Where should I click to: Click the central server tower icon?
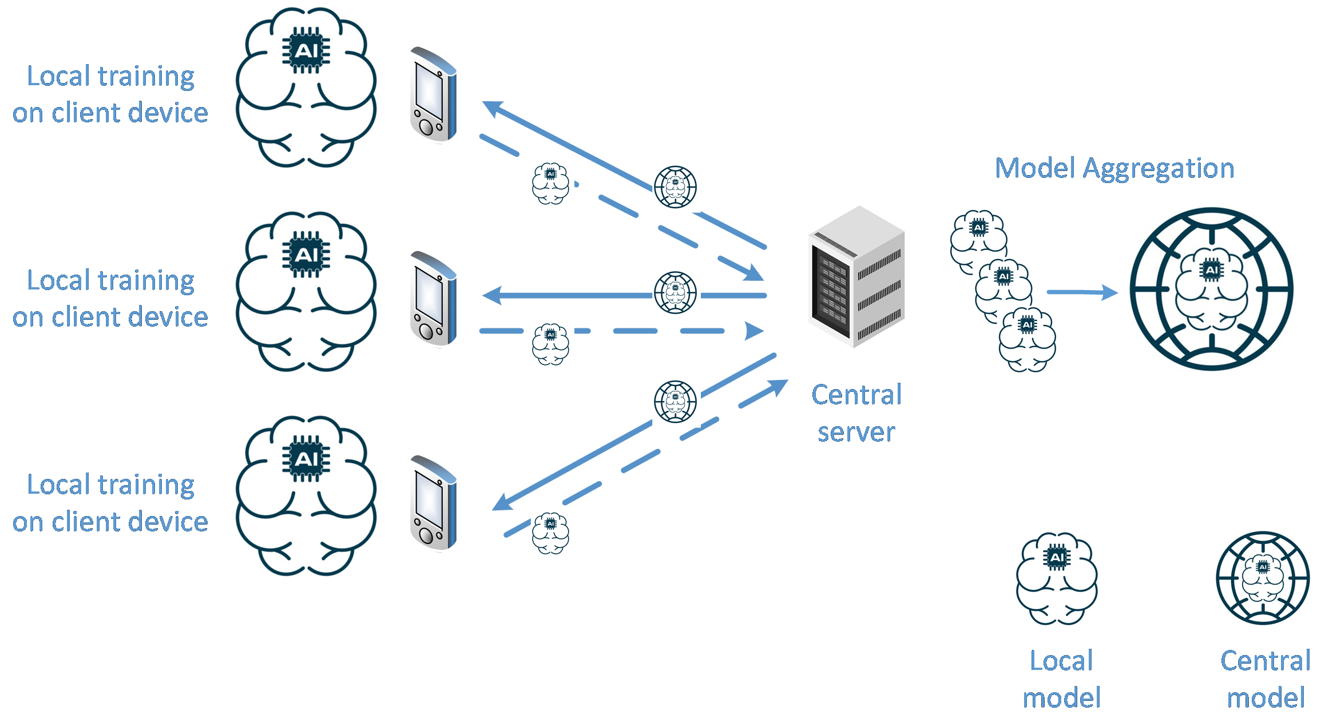(x=856, y=277)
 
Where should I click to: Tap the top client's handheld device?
(x=433, y=94)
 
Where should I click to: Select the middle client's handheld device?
(x=433, y=298)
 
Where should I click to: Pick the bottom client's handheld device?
(x=433, y=502)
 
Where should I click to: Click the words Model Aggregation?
(x=1114, y=168)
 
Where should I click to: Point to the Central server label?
(x=856, y=413)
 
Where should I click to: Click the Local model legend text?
(x=1061, y=679)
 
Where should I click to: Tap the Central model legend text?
(x=1266, y=679)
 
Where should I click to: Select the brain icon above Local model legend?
(x=1060, y=582)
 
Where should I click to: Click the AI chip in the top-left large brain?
(x=306, y=51)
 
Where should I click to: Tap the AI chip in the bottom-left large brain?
(x=306, y=459)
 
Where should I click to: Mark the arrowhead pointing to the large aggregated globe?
(x=1110, y=292)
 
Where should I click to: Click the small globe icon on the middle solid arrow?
(x=676, y=293)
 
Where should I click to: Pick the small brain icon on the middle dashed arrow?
(x=552, y=346)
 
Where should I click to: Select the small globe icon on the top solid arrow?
(x=676, y=188)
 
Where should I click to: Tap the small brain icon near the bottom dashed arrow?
(x=552, y=534)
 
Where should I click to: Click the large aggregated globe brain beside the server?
(x=1215, y=293)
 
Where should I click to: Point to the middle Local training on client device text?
(x=110, y=298)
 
